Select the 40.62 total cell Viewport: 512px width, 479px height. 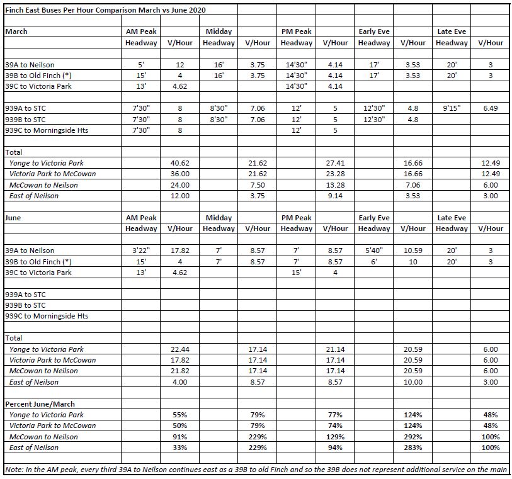tap(180, 163)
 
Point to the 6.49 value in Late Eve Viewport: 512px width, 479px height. tap(490, 108)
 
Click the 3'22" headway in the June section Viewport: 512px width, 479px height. tap(142, 251)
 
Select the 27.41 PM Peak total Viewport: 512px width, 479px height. tap(335, 163)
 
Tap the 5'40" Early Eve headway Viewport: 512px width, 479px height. tap(374, 251)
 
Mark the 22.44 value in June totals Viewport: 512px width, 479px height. tap(180, 349)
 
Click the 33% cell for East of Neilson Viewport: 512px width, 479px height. tap(180, 448)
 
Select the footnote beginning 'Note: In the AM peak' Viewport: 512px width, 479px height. tap(257, 470)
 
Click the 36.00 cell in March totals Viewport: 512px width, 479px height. tap(180, 174)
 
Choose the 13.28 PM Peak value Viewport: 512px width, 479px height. tap(335, 185)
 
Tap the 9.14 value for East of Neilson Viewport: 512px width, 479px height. tap(335, 196)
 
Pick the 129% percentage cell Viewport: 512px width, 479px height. tap(335, 437)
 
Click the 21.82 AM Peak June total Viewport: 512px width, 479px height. tap(180, 371)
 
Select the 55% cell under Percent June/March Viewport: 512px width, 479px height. tap(180, 415)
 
